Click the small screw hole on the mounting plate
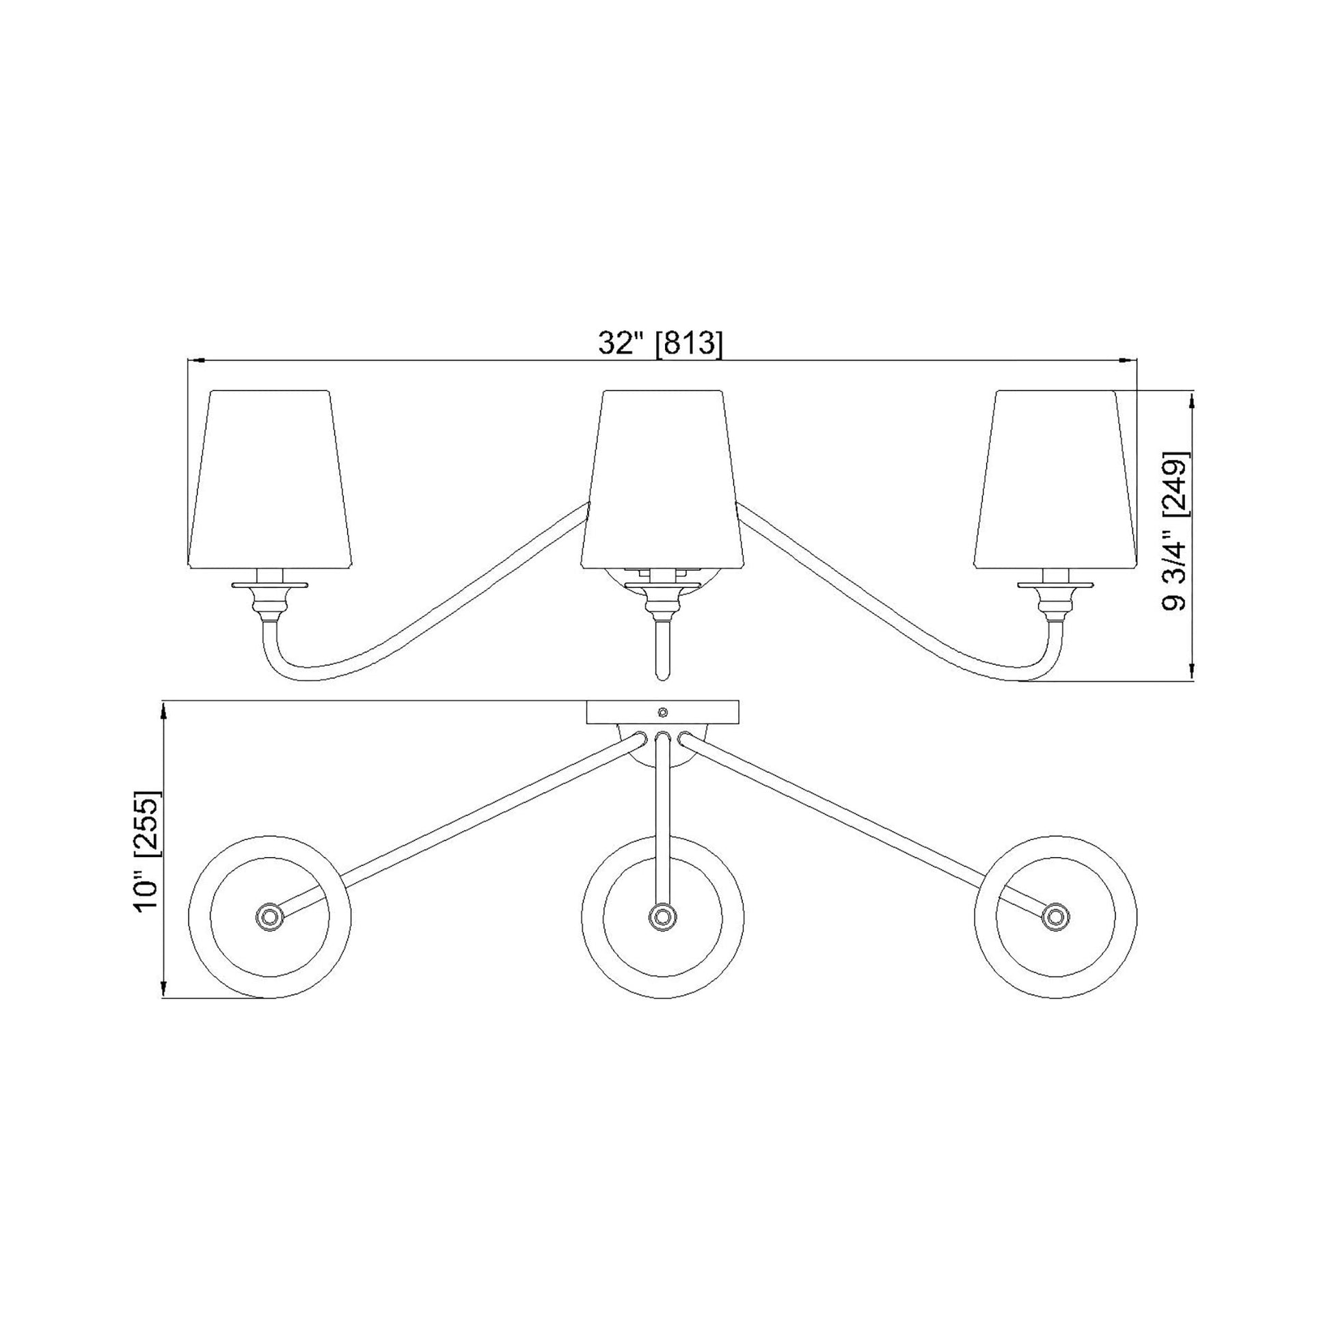coord(663,711)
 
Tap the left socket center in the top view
coord(269,917)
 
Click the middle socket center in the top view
coord(662,917)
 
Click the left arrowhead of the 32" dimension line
coord(195,360)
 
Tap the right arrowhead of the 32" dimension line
coord(1130,360)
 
